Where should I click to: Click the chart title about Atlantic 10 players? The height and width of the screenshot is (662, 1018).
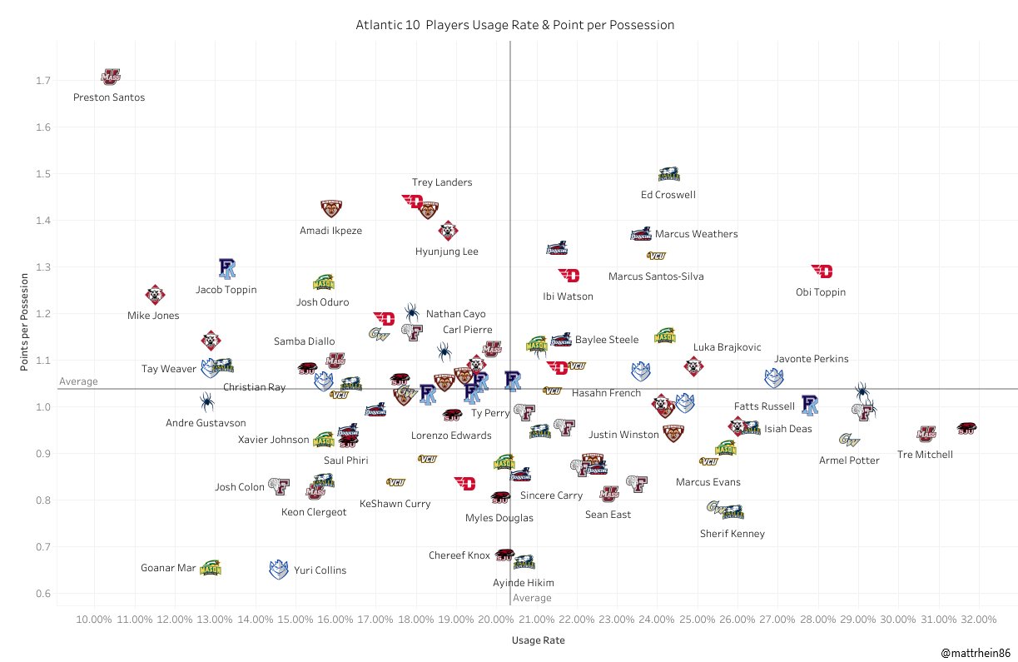tap(514, 26)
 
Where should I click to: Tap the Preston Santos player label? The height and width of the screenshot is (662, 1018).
tap(109, 97)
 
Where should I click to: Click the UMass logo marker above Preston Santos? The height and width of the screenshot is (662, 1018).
tap(110, 77)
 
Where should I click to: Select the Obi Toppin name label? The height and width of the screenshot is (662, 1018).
tap(821, 292)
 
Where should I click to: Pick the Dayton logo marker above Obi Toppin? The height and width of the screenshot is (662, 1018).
tap(822, 271)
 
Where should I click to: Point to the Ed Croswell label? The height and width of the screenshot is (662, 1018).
tap(668, 195)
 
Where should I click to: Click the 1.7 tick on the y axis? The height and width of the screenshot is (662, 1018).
tap(42, 81)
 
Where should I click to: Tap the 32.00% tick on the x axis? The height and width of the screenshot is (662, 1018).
tap(978, 620)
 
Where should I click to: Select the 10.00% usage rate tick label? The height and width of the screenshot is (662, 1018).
tap(94, 620)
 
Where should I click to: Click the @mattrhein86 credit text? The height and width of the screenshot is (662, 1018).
tap(976, 654)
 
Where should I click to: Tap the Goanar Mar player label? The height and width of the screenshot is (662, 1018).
tap(168, 569)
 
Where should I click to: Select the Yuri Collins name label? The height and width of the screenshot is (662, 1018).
tap(320, 570)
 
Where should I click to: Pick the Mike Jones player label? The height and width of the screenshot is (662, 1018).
tap(153, 316)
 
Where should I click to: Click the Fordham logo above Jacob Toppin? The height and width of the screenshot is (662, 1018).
tap(227, 267)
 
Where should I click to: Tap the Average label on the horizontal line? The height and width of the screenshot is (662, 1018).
tap(78, 381)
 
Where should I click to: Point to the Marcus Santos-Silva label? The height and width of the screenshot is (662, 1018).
tap(656, 276)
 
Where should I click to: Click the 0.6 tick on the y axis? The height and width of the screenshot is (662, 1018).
tap(42, 594)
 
